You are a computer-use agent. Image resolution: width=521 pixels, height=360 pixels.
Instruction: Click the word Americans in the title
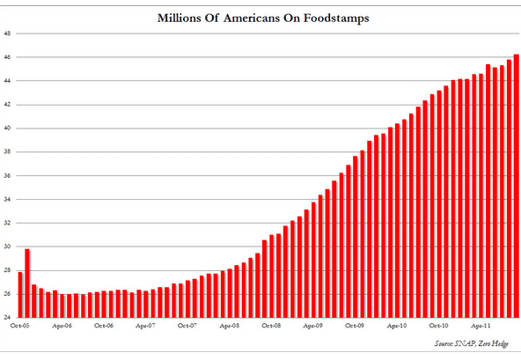coord(252,18)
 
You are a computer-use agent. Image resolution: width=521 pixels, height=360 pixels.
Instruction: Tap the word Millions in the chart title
coord(177,18)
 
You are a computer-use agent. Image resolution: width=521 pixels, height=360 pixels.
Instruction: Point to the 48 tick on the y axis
coord(7,33)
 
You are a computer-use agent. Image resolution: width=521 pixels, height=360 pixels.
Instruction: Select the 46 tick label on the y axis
coord(7,57)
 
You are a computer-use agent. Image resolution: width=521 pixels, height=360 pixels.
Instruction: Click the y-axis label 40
coord(7,129)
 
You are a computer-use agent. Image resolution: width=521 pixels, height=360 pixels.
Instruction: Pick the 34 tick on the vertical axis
coord(7,200)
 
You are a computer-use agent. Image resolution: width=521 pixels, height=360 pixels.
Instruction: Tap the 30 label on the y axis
coord(7,246)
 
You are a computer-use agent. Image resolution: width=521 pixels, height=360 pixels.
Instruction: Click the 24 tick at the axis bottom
coord(7,318)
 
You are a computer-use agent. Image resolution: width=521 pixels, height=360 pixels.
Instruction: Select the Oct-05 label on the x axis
coord(20,326)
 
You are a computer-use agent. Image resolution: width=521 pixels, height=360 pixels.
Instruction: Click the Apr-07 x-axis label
coord(145,326)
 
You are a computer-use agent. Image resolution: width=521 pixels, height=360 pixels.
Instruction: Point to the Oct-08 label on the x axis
coord(271,326)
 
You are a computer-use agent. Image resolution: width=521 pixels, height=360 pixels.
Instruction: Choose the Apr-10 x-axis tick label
coord(397,326)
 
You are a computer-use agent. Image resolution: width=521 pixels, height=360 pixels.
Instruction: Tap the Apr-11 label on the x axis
coord(481,326)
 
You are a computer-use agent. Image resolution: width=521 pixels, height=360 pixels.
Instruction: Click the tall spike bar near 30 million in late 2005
coord(27,283)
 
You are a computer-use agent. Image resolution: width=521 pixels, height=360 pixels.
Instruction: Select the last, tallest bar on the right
coord(517,186)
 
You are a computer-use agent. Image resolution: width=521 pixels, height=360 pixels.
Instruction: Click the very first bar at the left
coord(20,295)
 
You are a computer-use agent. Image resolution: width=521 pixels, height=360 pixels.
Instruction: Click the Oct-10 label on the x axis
coord(438,326)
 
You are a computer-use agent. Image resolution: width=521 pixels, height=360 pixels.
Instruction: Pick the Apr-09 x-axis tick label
coord(312,326)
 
